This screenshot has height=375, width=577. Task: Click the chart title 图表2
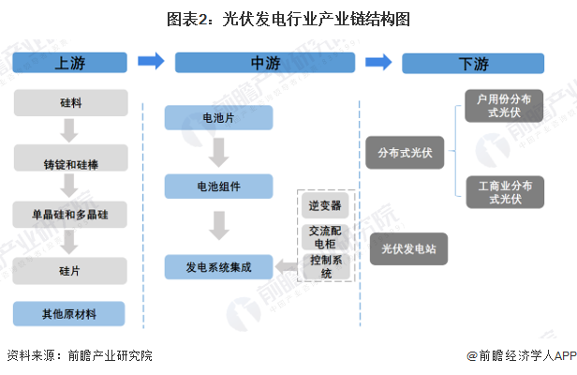point(288,18)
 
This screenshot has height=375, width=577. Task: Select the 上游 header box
point(70,63)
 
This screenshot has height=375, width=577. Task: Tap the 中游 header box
point(264,63)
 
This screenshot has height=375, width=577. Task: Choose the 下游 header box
point(474,63)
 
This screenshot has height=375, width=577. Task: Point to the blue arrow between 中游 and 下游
point(377,63)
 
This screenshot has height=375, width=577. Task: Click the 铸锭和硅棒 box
point(70,163)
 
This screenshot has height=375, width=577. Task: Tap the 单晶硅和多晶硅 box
point(70,215)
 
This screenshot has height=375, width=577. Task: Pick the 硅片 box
point(70,270)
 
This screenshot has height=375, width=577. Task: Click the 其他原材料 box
point(70,314)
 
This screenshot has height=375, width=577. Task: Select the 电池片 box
point(218,118)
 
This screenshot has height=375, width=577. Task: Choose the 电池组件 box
point(218,186)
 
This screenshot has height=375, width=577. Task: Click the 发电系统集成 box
point(218,266)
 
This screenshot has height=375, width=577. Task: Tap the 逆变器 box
point(326,204)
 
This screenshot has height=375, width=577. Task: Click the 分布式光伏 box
point(406,152)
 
